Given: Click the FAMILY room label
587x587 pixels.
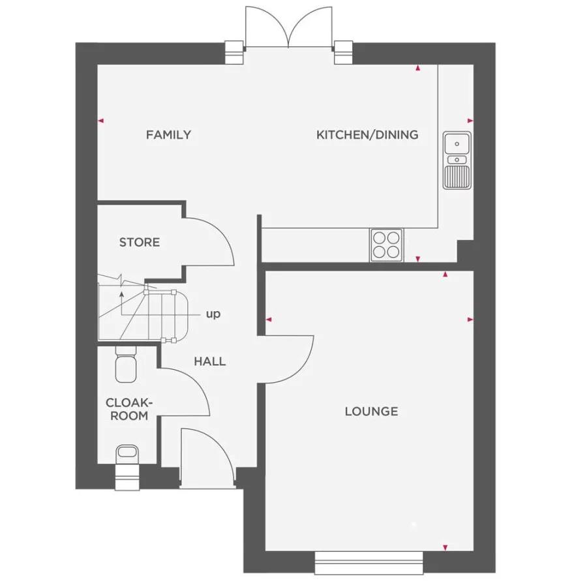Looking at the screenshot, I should coord(168,135).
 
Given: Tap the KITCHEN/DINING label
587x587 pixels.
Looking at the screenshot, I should coord(367,135).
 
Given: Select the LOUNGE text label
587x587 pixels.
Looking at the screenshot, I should coord(371,412).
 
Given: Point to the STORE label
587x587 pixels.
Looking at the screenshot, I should coord(139,243).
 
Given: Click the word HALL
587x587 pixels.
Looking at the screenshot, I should coord(209,361).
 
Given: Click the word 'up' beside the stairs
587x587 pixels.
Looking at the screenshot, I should coord(213,314).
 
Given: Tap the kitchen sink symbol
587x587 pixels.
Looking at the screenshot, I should coord(457,160).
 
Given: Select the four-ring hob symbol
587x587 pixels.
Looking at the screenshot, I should coord(386,245).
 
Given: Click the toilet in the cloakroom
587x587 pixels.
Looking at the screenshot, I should coord(125,366).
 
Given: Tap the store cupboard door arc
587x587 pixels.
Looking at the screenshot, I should coord(212,240).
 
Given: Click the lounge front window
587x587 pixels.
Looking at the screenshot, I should coord(369,562).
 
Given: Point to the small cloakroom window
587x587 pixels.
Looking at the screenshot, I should coord(127,477).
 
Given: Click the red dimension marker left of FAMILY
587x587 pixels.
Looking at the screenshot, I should coord(100,121).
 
